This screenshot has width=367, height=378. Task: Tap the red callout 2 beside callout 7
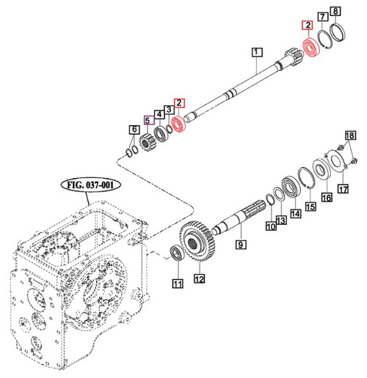point(308,26)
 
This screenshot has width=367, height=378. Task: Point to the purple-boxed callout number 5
point(148,122)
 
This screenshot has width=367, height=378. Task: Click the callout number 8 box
point(335,11)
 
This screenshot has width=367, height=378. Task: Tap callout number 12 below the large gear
point(198,278)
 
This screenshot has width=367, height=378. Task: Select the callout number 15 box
point(310,207)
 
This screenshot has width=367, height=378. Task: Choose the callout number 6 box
point(133,130)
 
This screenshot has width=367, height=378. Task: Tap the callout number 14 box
point(295,214)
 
